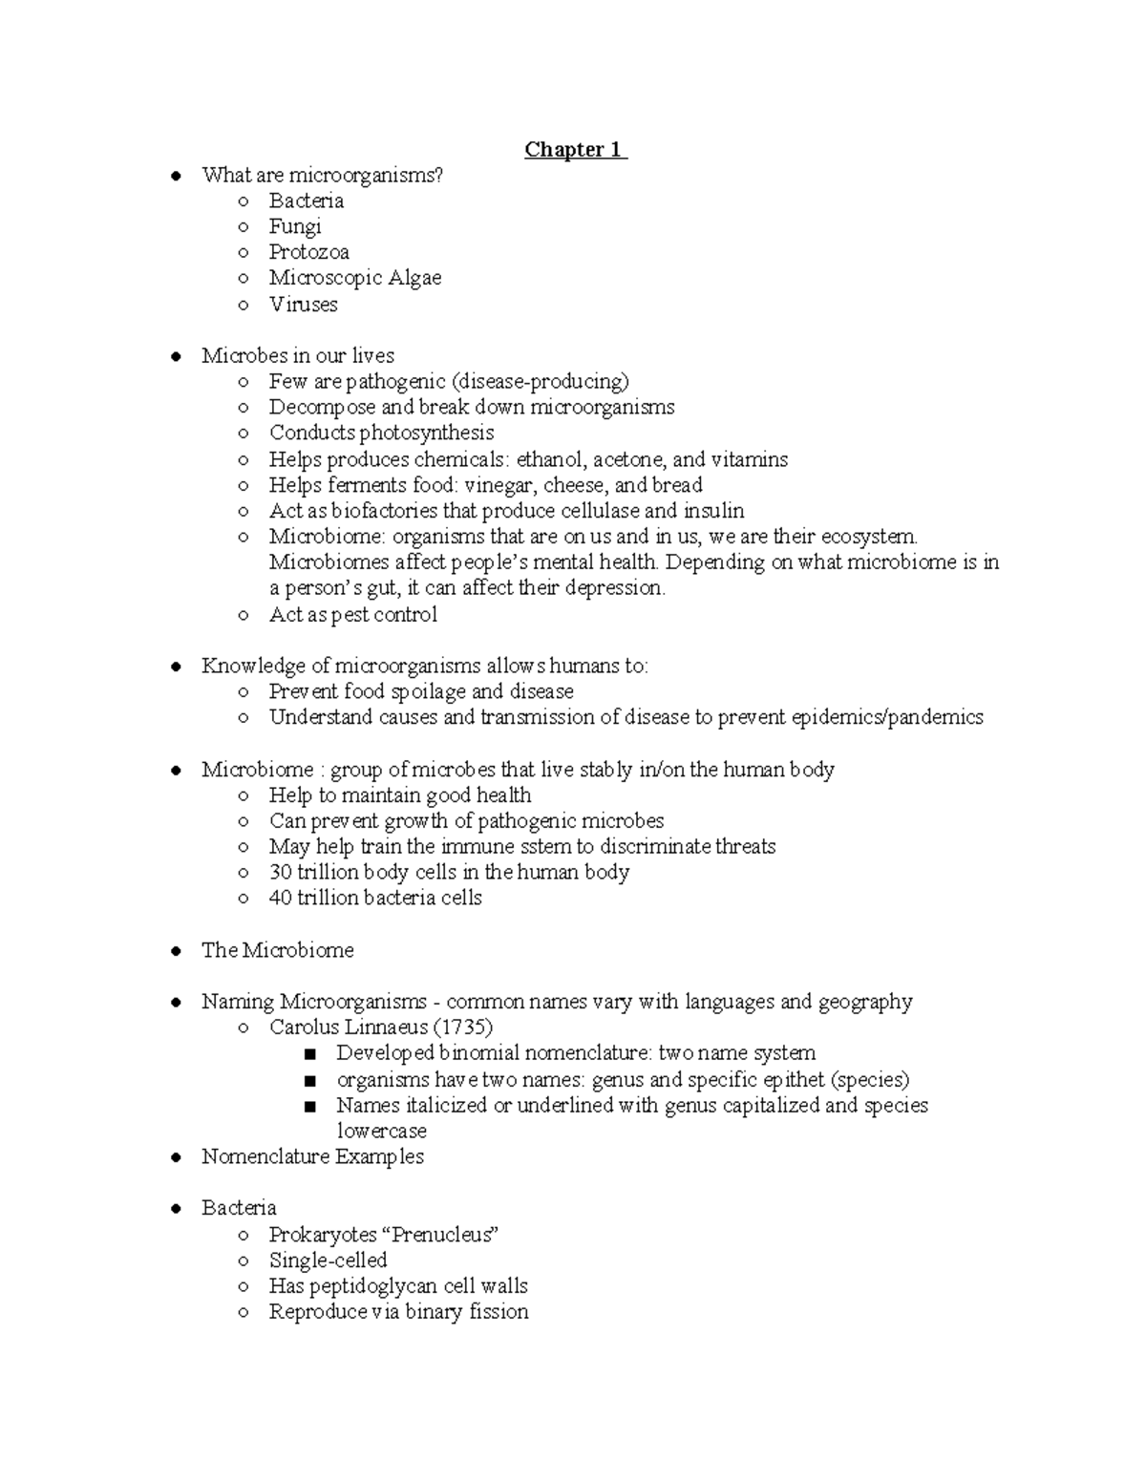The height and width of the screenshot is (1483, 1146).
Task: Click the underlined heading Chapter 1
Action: click(575, 150)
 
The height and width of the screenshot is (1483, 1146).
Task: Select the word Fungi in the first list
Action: click(294, 227)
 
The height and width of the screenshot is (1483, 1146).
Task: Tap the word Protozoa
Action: click(308, 253)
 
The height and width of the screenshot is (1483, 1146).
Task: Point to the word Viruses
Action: click(303, 305)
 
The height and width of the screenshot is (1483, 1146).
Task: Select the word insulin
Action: click(713, 511)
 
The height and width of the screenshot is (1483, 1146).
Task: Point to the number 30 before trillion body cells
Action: click(280, 873)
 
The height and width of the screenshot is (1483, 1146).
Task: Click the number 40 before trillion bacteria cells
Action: click(280, 899)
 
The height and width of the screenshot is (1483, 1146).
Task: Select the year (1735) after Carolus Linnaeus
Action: click(463, 1028)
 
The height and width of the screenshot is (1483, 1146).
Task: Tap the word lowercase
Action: click(381, 1132)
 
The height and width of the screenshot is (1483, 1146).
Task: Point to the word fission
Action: click(498, 1312)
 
